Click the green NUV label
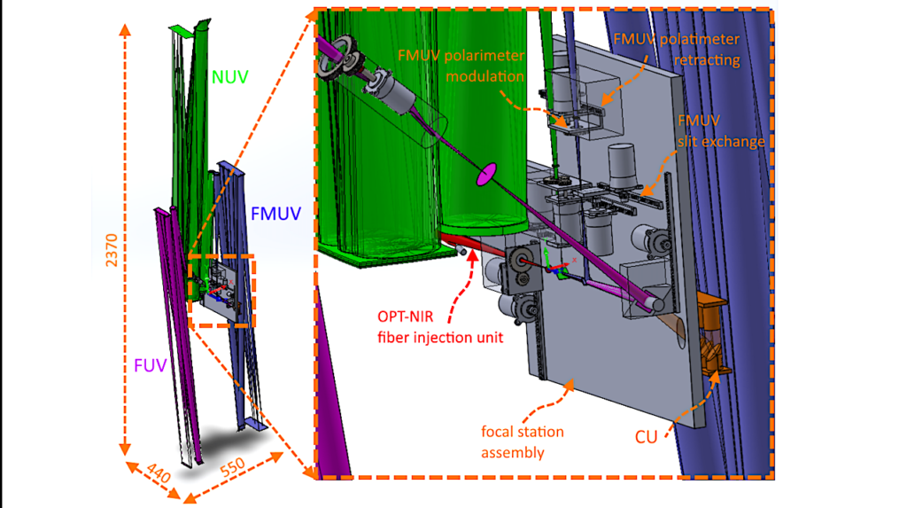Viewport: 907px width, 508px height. click(x=230, y=78)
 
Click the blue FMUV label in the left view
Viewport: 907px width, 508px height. click(x=275, y=213)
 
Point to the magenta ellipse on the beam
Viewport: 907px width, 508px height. click(x=485, y=176)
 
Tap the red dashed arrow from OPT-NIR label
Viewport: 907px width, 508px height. click(x=465, y=275)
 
